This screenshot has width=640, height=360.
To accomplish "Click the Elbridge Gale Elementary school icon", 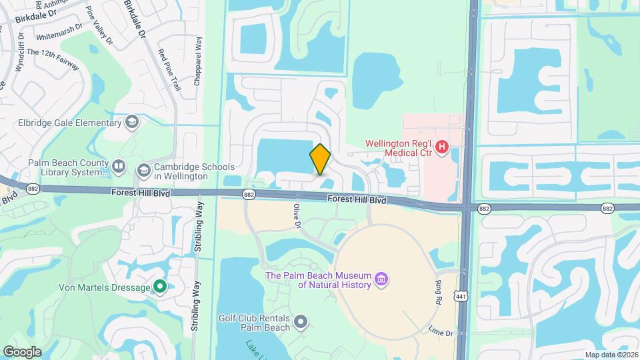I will pyautogui.click(x=132, y=122).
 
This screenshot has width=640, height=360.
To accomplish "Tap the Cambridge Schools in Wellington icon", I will pyautogui.click(x=143, y=171).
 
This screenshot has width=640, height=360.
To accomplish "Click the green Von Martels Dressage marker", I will pyautogui.click(x=159, y=287).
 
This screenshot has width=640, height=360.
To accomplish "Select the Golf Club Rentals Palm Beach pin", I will pyautogui.click(x=301, y=323).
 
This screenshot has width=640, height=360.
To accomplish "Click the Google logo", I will pyautogui.click(x=22, y=351).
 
